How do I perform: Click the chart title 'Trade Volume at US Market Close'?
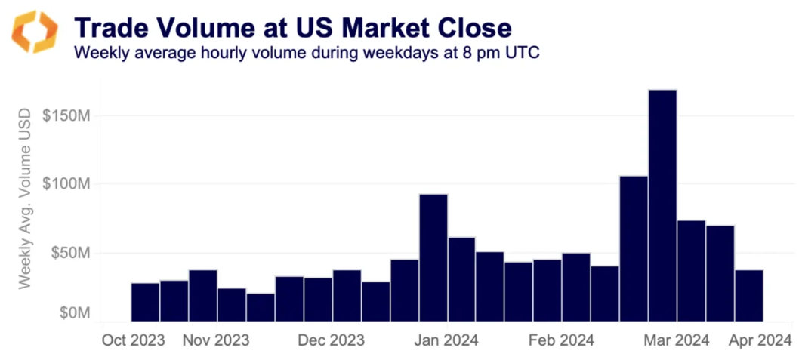(292, 28)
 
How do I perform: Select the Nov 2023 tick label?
(216, 340)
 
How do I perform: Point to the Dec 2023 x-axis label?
(332, 340)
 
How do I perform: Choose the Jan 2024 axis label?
(446, 340)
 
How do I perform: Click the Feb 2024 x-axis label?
(561, 340)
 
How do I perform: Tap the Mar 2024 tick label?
(676, 340)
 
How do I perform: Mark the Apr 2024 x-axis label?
(759, 340)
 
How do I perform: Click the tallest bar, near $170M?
(662, 204)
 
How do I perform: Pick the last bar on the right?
(748, 295)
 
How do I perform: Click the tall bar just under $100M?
(433, 257)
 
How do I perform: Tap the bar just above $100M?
(634, 248)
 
